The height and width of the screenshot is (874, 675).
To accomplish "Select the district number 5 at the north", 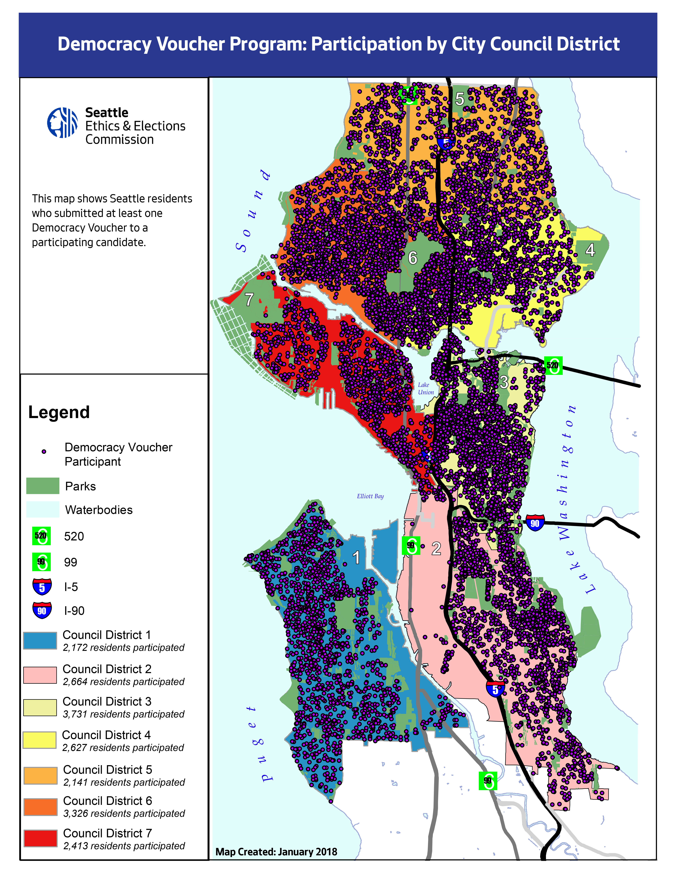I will pos(460,99).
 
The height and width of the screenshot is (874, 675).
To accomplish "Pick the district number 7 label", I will pos(249,299).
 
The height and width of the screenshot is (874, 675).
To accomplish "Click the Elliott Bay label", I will pos(370,496).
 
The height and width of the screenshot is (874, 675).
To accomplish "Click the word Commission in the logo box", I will pos(119,140).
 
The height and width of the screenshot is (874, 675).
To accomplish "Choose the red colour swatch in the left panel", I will pos(40,838).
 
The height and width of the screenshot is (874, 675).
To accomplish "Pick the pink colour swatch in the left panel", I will pos(40,675).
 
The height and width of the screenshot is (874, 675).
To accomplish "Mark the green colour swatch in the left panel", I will pos(43,485).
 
